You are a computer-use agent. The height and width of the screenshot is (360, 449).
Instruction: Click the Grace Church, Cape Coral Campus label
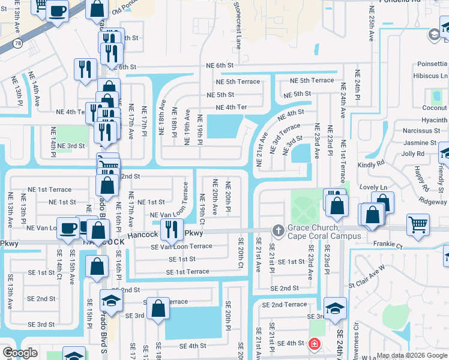(x=324, y=232)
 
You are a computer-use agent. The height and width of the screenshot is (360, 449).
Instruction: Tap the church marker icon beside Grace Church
(x=278, y=230)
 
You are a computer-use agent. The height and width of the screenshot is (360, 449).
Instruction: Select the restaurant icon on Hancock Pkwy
(x=172, y=229)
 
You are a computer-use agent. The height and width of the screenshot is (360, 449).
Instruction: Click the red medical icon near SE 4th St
(x=313, y=344)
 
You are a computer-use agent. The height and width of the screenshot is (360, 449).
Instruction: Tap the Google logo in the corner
(x=20, y=353)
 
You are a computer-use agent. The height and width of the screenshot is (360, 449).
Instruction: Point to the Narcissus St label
(x=421, y=130)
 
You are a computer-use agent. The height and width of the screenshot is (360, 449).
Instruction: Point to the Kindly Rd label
(x=372, y=164)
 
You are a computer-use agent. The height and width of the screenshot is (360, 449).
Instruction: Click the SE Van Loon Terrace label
(x=181, y=246)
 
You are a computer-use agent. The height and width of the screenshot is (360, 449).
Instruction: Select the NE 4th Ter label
(x=231, y=107)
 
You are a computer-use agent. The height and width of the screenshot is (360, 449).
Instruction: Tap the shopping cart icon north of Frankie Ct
(x=418, y=224)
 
